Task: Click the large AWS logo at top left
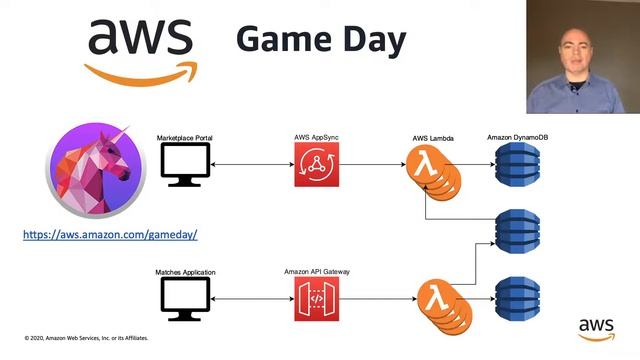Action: pyautogui.click(x=140, y=47)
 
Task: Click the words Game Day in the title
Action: pyautogui.click(x=321, y=41)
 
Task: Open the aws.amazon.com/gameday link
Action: pyautogui.click(x=110, y=234)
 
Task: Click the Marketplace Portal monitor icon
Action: pyautogui.click(x=186, y=164)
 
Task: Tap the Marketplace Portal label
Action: pyautogui.click(x=186, y=136)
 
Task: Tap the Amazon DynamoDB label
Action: pyautogui.click(x=518, y=136)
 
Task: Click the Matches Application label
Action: pyautogui.click(x=186, y=271)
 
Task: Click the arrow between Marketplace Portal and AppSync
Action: pyautogui.click(x=252, y=164)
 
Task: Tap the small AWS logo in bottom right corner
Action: pyautogui.click(x=596, y=329)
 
